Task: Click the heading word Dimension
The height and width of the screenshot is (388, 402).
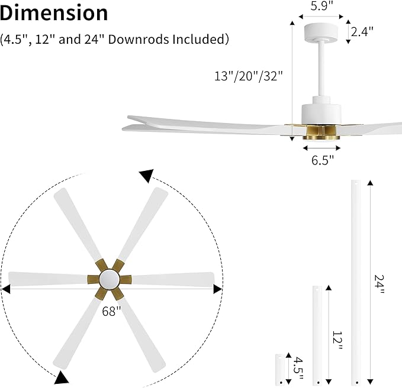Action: click(54, 12)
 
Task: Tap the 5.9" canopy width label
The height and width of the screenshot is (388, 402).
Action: click(323, 6)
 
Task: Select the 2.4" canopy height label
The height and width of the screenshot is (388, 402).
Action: click(362, 33)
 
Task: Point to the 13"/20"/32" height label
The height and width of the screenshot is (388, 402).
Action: click(249, 76)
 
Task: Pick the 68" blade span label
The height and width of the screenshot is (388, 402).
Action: click(111, 311)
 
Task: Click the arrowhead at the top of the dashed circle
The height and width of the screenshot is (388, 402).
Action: click(146, 175)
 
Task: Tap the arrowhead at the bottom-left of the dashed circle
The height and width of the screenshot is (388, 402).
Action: click(62, 377)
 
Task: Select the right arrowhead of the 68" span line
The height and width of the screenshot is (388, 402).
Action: click(217, 289)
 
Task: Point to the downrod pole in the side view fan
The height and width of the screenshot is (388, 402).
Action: click(322, 71)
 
